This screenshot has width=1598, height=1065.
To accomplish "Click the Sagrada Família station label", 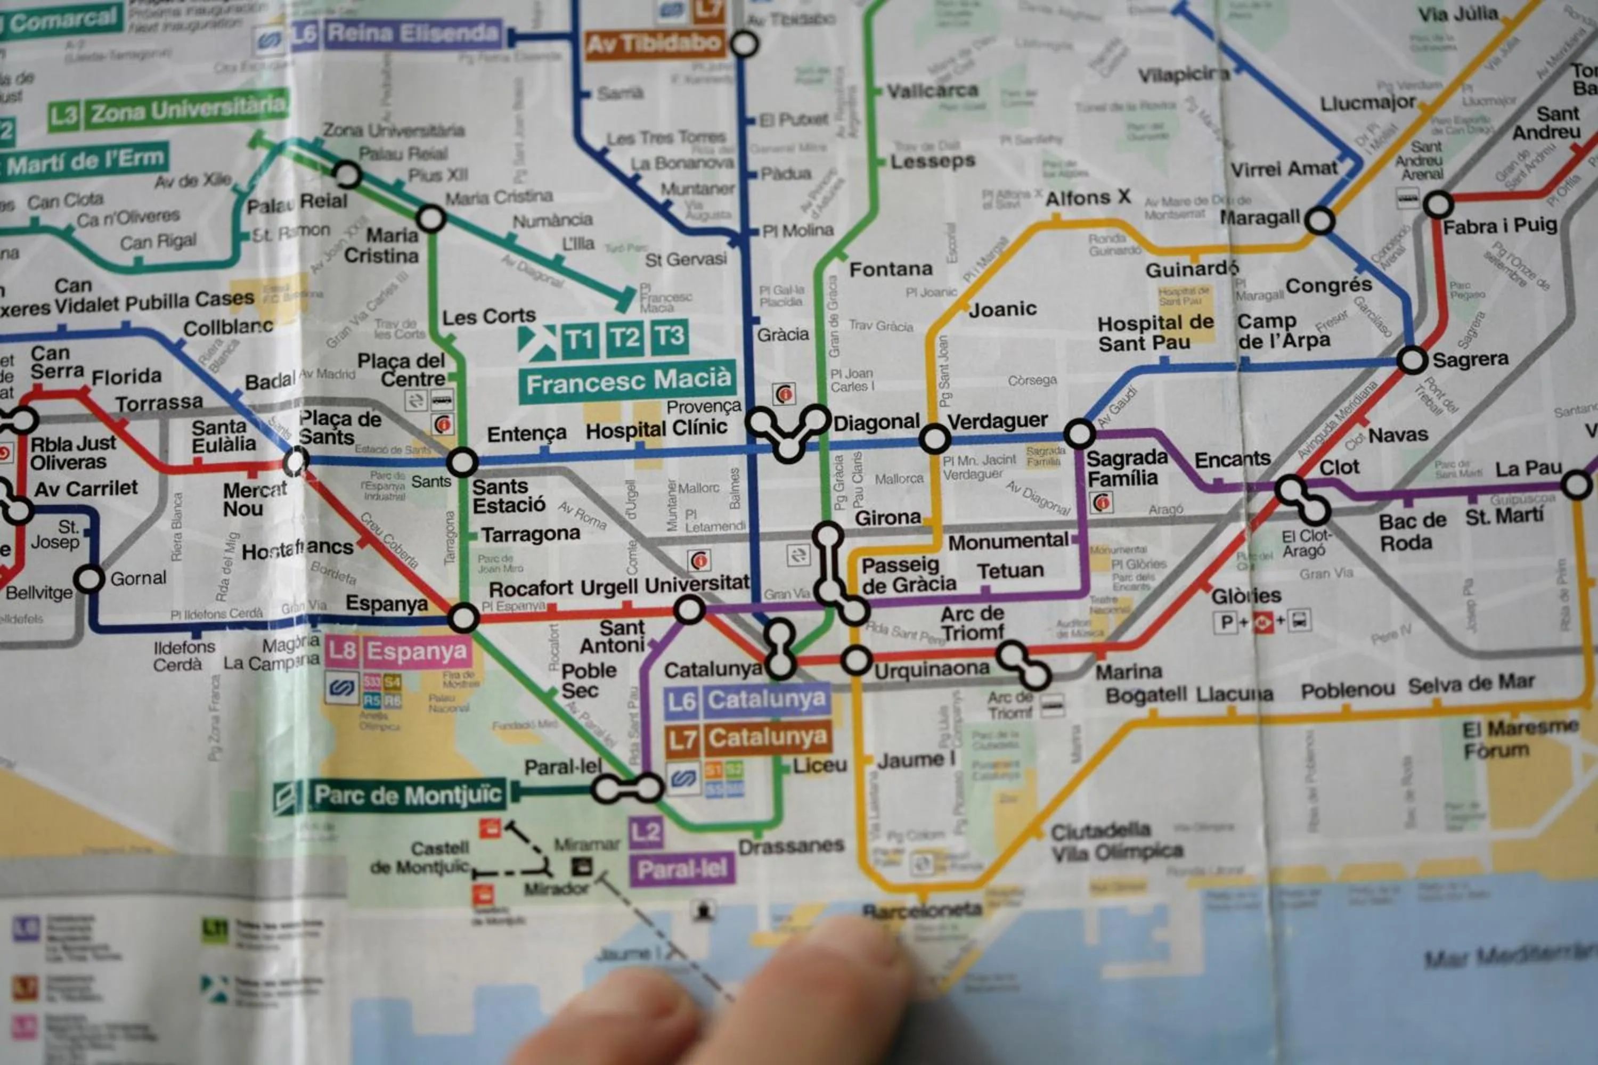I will (1127, 468).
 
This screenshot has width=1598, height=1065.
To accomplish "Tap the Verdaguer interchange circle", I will (934, 438).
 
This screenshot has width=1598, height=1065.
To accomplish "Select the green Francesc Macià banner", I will (628, 383).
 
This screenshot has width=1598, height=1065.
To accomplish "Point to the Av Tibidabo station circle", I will (744, 45).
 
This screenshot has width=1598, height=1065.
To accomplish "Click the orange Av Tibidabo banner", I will (653, 44).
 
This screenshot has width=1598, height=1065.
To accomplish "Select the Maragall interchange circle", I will (1319, 221).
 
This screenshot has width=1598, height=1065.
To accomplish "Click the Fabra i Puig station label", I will (1499, 226).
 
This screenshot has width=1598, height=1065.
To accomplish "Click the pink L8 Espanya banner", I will (397, 652).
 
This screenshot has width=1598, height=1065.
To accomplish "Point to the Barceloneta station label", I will (922, 910).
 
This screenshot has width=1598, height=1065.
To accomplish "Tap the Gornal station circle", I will (89, 579).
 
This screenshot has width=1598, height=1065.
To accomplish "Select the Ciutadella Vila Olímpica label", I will (1116, 841).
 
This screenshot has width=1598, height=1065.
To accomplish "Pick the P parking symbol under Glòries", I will (1226, 622).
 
